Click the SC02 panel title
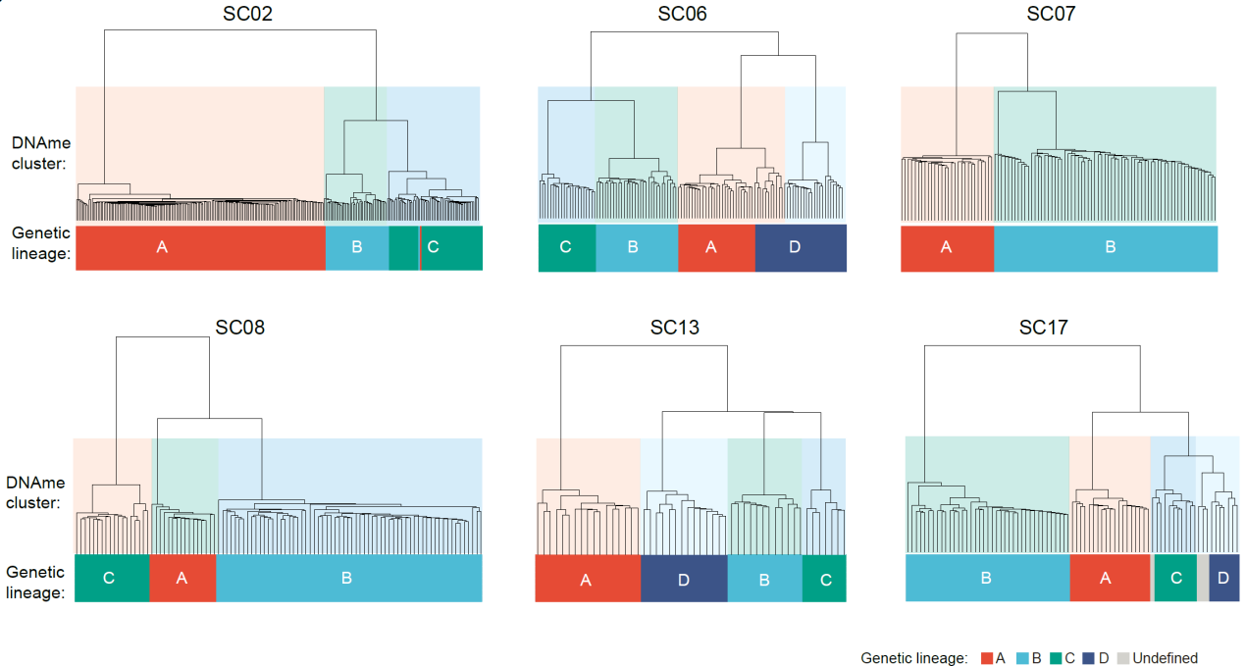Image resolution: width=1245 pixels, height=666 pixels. click(247, 14)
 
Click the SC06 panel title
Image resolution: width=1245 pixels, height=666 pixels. click(682, 14)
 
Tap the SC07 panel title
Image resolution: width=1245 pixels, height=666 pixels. click(1051, 14)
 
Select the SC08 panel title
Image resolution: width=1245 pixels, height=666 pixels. click(240, 328)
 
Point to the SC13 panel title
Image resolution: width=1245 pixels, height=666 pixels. click(675, 328)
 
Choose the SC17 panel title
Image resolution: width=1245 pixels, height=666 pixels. click(1043, 328)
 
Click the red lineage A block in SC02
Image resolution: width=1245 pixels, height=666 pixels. click(201, 248)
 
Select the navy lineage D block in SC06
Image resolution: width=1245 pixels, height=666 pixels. click(801, 248)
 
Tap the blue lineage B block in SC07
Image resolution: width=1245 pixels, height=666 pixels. click(1106, 248)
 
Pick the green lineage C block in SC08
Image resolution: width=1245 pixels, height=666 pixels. click(112, 579)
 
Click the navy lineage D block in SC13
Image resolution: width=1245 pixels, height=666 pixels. click(684, 579)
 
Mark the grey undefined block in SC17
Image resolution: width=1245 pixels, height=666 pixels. click(1203, 578)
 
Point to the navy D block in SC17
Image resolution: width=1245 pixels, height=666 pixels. click(1223, 578)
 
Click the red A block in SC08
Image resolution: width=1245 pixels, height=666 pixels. click(182, 579)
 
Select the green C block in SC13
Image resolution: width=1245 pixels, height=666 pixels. click(824, 579)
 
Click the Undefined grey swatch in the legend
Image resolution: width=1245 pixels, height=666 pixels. click(1123, 658)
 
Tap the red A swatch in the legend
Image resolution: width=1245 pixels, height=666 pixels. click(987, 658)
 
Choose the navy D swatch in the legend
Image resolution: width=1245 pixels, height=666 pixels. click(1088, 658)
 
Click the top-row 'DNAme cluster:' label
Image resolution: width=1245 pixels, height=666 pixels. click(41, 153)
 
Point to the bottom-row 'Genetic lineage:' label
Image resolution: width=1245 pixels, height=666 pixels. click(35, 582)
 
